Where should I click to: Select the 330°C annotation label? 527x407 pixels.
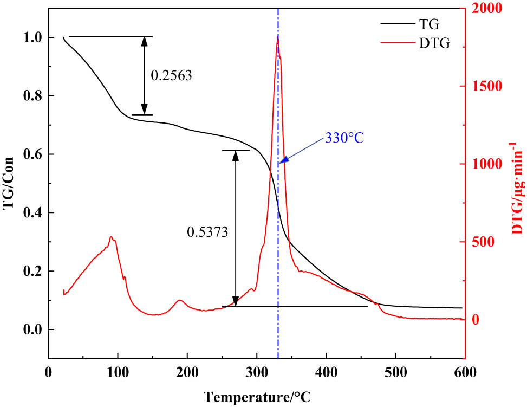pyautogui.click(x=344, y=138)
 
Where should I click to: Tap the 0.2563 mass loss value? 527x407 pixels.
pyautogui.click(x=171, y=76)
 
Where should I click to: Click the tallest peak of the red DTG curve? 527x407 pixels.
pyautogui.click(x=278, y=37)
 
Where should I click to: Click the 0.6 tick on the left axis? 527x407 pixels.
pyautogui.click(x=32, y=154)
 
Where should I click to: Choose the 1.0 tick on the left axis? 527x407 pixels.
pyautogui.click(x=32, y=37)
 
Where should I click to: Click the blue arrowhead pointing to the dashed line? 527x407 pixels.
pyautogui.click(x=282, y=160)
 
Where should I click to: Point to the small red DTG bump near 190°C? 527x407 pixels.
pyautogui.click(x=180, y=300)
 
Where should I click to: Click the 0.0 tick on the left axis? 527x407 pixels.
pyautogui.click(x=32, y=330)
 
